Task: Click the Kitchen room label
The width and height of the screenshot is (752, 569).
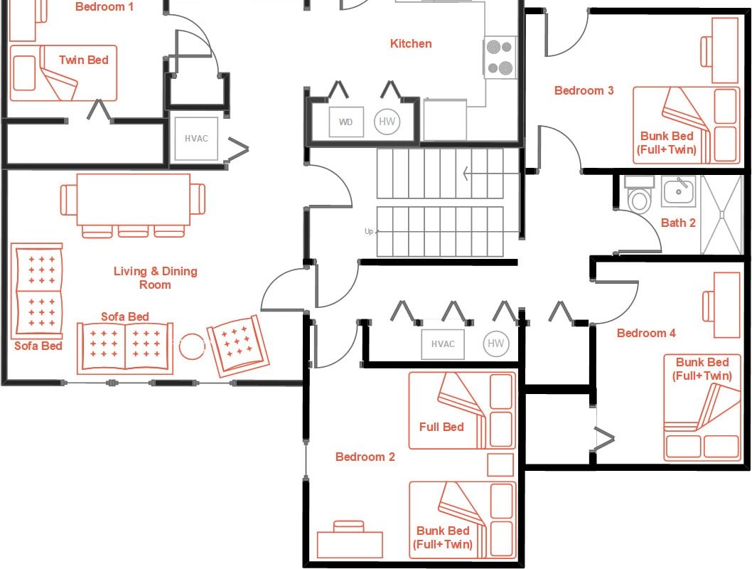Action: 411,44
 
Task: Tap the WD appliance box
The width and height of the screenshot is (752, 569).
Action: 346,122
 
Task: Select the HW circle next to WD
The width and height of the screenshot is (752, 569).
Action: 387,122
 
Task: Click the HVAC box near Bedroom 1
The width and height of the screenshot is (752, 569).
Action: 196,139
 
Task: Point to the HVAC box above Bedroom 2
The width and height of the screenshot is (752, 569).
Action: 442,344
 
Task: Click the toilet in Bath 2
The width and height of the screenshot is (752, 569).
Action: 639,196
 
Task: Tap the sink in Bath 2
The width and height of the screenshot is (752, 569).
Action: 679,191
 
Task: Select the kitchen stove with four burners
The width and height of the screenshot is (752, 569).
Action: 500,58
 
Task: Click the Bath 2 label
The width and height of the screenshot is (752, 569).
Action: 678,223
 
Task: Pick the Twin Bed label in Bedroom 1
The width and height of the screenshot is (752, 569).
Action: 84,60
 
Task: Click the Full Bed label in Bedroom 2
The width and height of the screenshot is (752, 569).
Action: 441,427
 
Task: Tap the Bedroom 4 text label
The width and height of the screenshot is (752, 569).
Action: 646,334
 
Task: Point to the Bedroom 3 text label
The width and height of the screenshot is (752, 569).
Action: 584,91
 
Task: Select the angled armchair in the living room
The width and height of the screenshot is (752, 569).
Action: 238,345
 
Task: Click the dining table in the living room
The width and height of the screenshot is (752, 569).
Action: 133,199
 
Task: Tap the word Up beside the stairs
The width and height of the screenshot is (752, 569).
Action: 368,232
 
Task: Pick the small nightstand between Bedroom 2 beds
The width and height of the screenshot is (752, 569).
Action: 500,465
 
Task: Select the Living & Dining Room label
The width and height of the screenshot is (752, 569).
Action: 155,278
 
